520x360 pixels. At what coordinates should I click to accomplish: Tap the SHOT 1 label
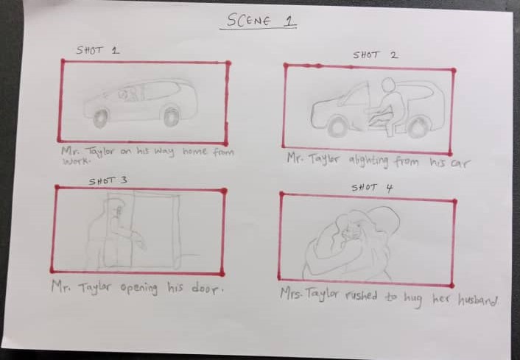click(97, 51)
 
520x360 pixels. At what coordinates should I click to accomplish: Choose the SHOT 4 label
click(372, 188)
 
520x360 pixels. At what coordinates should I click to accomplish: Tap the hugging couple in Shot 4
click(354, 239)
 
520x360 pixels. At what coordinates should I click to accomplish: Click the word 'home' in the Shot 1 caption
click(195, 152)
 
